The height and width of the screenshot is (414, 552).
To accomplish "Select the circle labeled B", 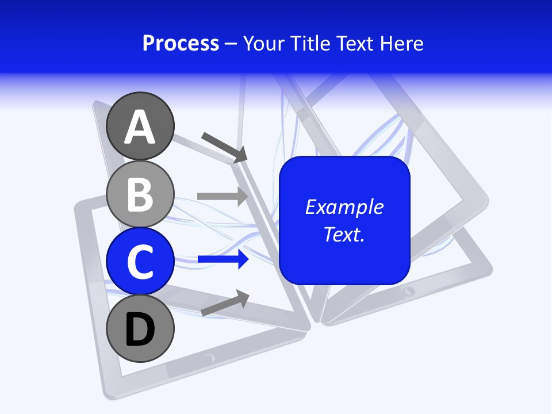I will coord(140,194).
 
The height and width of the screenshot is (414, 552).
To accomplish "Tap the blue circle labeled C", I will coord(140,260).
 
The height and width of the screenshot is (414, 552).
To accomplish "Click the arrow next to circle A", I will coord(224,147).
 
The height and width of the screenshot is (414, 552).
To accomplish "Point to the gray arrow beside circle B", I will coord(223,196).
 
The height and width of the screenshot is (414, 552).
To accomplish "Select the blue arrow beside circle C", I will coord(223,260).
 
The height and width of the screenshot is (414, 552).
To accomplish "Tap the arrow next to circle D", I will coord(225,303).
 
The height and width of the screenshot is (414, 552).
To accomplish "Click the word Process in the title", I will coord(181,44).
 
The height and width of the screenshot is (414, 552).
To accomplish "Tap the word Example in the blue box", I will coord(344,207).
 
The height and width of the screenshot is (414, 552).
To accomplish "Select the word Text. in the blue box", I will coord(344,234).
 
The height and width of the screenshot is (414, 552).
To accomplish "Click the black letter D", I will coord(140,329).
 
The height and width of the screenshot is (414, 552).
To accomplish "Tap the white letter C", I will coord(140,262).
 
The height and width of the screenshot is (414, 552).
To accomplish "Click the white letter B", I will coord(140,194).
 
